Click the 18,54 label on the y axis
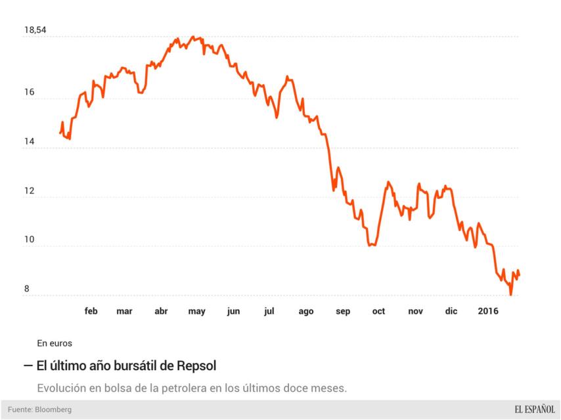point(35,30)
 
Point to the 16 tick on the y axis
point(29,93)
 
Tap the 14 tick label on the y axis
point(29,141)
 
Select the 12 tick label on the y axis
point(29,190)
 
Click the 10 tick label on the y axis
point(29,240)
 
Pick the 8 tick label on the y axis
point(27,289)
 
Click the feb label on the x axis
point(91,311)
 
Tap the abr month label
point(161,311)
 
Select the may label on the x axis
point(197,311)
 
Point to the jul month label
point(269,311)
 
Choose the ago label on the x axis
point(305,311)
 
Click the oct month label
point(378,311)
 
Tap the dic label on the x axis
point(451,311)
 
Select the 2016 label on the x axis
point(487,311)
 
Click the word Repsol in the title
point(196,364)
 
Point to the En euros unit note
point(55,343)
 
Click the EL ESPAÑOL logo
point(526,409)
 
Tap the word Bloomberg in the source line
point(53,409)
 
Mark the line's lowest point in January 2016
point(510,295)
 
